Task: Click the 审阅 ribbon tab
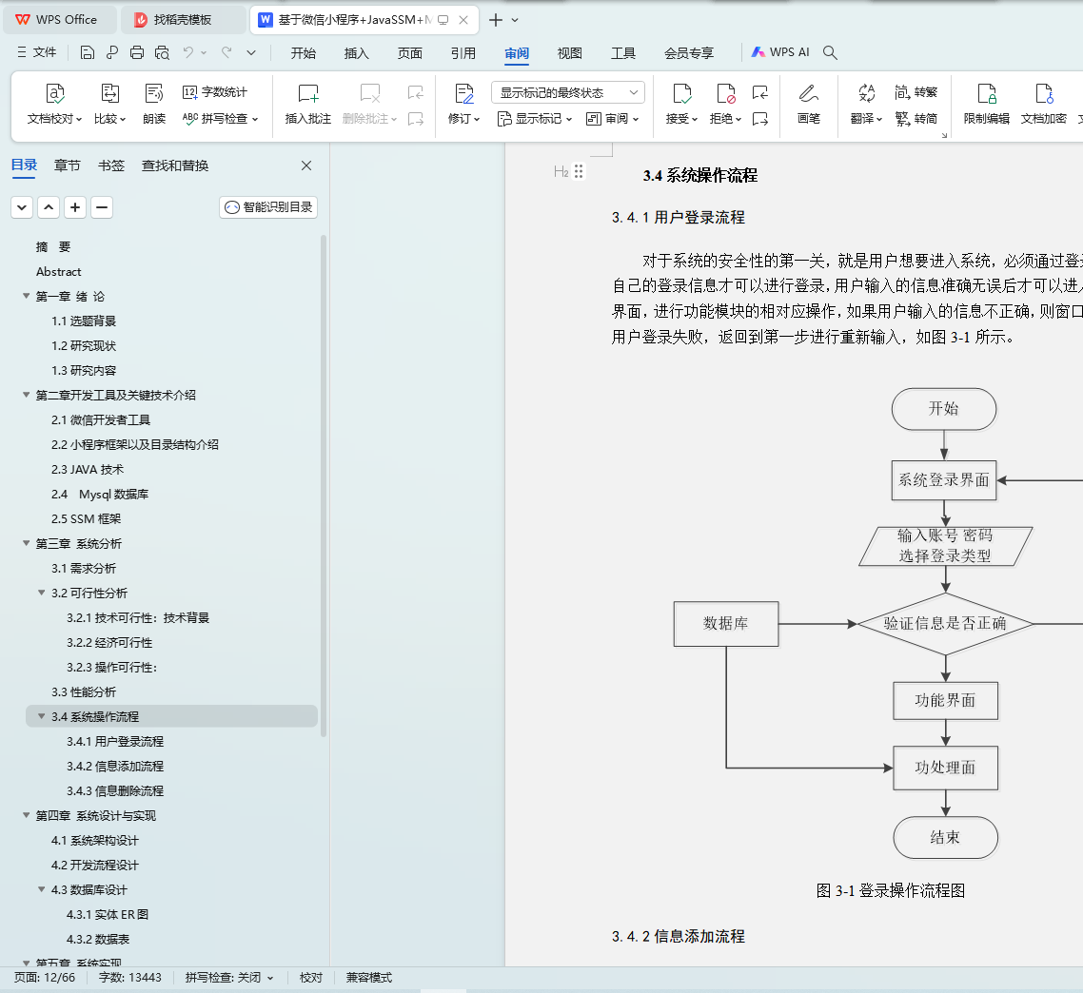[x=517, y=53]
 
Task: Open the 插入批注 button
[x=308, y=104]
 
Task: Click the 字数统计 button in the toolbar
[x=215, y=92]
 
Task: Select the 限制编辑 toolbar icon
[x=986, y=104]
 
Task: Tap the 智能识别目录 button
[x=268, y=207]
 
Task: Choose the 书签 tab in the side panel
[x=111, y=165]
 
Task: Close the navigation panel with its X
[x=306, y=165]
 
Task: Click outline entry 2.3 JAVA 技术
[x=88, y=470]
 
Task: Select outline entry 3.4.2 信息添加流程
[x=115, y=767]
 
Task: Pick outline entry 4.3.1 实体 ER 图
[x=108, y=915]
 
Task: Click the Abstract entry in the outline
[x=59, y=272]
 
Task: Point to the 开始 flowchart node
[x=944, y=409]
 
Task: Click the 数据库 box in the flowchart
[x=726, y=624]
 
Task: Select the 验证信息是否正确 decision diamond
[x=945, y=624]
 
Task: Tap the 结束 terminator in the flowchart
[x=946, y=838]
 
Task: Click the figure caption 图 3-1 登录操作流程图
[x=891, y=891]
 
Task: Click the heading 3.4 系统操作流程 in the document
[x=700, y=175]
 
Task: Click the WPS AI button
[x=780, y=52]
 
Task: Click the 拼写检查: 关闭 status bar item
[x=229, y=978]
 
